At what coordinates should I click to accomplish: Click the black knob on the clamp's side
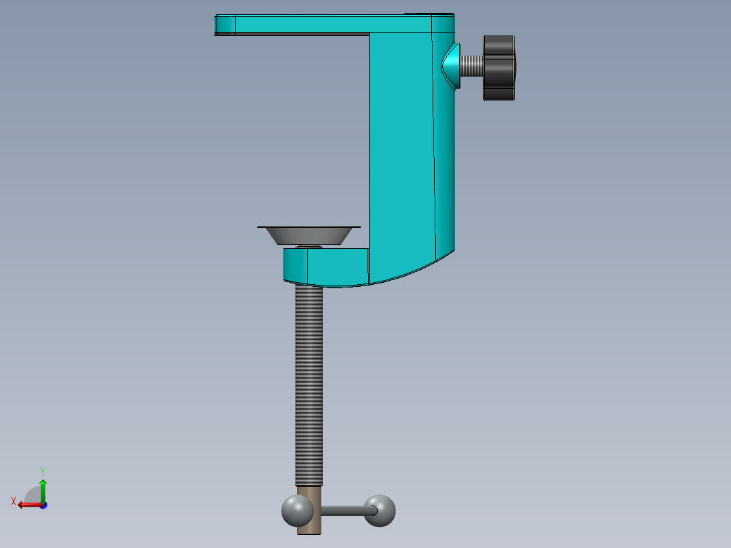coord(499,68)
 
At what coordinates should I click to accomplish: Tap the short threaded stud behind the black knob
coord(471,66)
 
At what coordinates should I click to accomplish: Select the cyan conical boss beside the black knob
coord(451,66)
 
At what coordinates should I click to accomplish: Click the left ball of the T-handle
coord(298,511)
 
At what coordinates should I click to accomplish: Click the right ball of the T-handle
coord(380,511)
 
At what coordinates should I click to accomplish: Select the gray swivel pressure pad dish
coord(309,235)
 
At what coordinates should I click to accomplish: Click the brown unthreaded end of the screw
coord(309,510)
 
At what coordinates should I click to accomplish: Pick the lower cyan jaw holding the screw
coord(326,267)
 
